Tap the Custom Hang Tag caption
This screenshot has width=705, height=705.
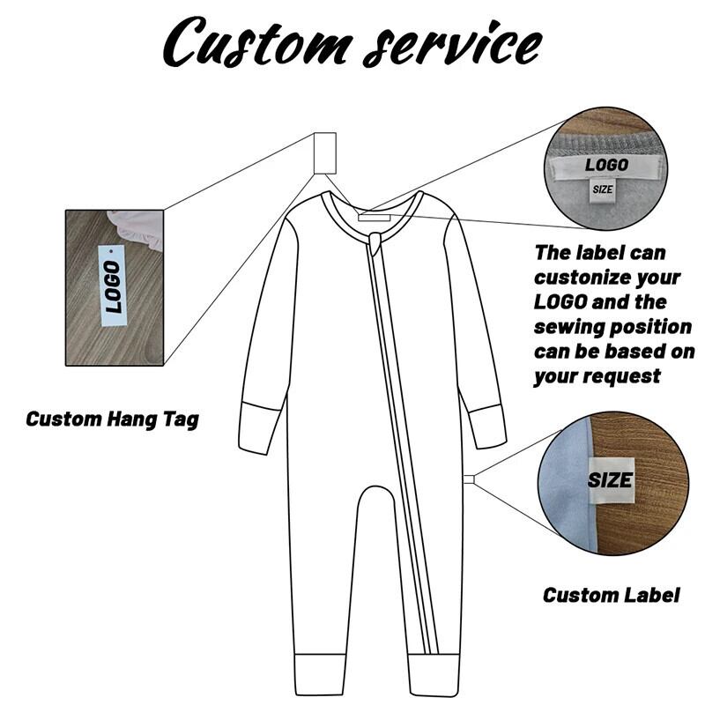[112, 419]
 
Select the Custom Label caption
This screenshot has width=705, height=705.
[611, 595]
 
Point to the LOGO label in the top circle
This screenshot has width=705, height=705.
[607, 166]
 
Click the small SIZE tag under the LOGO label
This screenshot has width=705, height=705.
[602, 189]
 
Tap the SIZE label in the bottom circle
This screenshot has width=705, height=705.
[611, 480]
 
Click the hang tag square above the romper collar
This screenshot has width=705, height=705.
[325, 153]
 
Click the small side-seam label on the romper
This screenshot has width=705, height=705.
[469, 479]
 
